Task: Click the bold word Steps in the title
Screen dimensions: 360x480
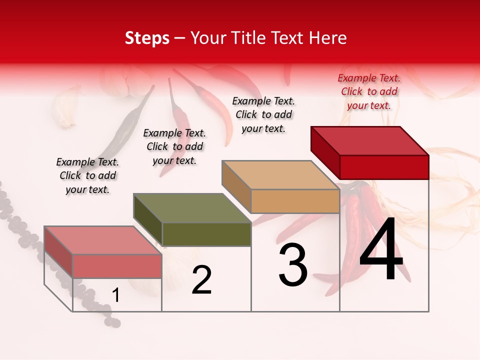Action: (x=147, y=38)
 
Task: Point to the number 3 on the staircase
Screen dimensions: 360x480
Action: (x=293, y=265)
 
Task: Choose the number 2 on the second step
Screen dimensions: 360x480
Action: (x=201, y=280)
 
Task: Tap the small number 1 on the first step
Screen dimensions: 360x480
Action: (x=116, y=295)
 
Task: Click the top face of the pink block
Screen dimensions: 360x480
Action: (x=102, y=240)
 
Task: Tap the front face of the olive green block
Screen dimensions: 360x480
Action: (x=206, y=234)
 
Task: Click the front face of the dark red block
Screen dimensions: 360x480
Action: (x=384, y=167)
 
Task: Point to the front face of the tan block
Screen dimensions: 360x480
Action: (x=295, y=201)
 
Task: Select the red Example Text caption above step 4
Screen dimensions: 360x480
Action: (x=369, y=92)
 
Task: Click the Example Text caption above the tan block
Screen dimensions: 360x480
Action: (x=263, y=114)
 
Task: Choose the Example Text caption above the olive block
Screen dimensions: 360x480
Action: (x=174, y=146)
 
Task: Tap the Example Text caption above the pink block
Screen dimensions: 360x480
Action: (x=87, y=175)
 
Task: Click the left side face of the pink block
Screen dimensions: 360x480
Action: (x=58, y=251)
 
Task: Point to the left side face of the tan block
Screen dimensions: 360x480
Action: (x=236, y=186)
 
